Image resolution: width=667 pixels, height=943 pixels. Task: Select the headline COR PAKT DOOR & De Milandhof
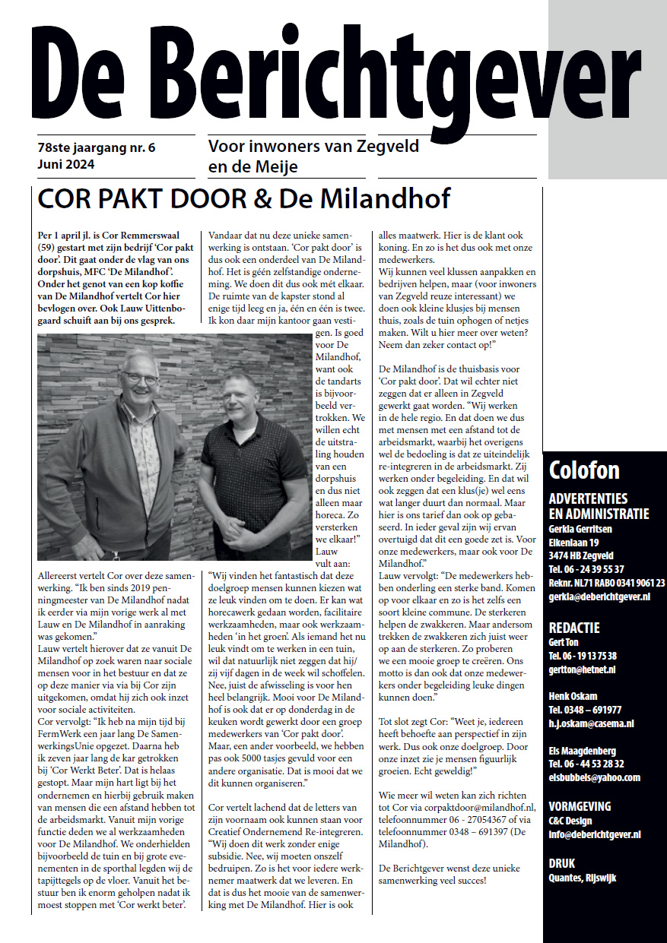tap(243, 198)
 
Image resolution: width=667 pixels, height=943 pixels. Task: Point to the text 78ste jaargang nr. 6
tap(96, 147)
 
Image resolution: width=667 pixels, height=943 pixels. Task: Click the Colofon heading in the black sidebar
tap(584, 470)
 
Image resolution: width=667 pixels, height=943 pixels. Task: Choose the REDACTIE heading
tap(574, 628)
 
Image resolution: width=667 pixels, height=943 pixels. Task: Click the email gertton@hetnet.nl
tap(580, 669)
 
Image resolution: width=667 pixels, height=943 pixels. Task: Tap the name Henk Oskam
tap(573, 696)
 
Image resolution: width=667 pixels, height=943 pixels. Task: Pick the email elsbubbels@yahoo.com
tap(594, 777)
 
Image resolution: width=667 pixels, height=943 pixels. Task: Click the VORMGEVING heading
tap(580, 806)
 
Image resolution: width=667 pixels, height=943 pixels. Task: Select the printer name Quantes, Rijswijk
tap(583, 878)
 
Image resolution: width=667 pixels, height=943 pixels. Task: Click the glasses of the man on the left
tap(140, 378)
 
